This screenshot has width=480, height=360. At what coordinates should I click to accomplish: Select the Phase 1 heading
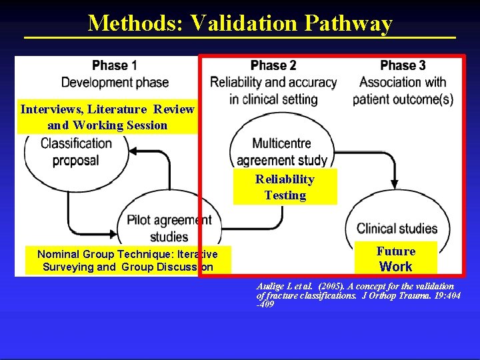[x=115, y=66]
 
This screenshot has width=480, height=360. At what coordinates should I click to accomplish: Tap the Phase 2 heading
[x=273, y=66]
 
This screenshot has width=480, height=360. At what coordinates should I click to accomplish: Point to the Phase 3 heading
[x=403, y=66]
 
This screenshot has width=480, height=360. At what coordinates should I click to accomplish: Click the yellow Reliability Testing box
[x=285, y=187]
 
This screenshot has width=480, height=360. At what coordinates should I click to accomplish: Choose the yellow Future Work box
[x=395, y=259]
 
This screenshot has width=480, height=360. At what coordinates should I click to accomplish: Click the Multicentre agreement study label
[x=282, y=151]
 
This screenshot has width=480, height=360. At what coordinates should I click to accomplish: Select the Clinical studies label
[x=397, y=229]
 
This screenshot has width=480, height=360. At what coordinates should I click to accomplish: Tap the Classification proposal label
[x=76, y=151]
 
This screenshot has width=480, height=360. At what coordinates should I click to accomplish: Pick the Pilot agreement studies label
[x=169, y=228]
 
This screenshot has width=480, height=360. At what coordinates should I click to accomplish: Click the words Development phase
[x=115, y=83]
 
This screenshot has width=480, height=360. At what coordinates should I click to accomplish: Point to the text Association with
[x=403, y=83]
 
